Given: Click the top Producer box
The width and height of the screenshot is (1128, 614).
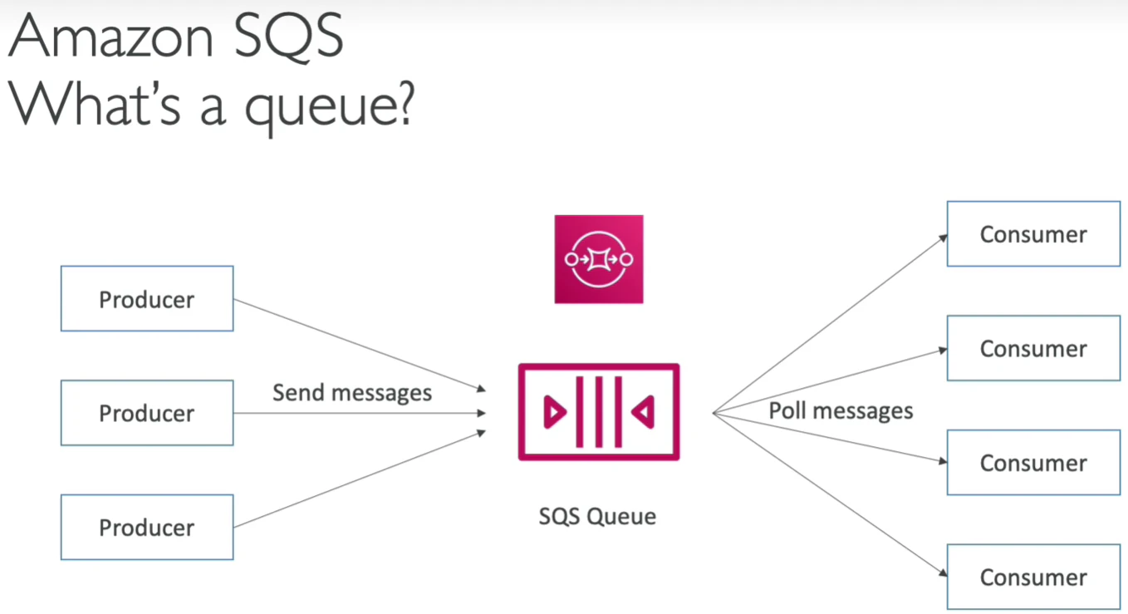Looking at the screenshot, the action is pos(147,298).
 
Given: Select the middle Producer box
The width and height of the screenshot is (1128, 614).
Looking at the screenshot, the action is pos(147,413).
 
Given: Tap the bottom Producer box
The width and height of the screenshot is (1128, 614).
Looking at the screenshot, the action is pos(147,528).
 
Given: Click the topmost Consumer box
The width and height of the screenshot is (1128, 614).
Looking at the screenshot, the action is pos(1033,234).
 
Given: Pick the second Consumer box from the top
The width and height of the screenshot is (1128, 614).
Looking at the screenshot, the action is pos(1033,349).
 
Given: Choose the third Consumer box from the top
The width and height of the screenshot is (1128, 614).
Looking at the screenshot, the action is pos(1033,463).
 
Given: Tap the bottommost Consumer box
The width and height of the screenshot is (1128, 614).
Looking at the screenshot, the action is pos(1033,577).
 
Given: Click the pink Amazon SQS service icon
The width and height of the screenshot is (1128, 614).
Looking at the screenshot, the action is pos(599,259).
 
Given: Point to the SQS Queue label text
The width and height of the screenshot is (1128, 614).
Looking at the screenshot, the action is pos(597,517).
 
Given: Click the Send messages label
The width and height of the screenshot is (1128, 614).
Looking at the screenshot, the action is pos(352,393).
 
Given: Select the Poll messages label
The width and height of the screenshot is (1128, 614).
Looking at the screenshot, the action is pos(841,411).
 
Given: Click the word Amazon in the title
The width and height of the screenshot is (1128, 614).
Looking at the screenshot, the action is pos(111,37).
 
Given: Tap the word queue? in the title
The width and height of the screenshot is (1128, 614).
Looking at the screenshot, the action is pos(330,107).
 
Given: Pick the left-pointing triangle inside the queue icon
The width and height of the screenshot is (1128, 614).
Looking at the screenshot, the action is pos(643,412).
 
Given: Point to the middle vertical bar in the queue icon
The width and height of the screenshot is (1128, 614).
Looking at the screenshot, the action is pos(599,411).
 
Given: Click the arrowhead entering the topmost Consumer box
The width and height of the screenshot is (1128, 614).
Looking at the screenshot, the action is pos(943,238).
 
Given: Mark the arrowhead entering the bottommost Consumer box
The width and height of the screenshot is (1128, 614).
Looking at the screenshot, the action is pos(943,572).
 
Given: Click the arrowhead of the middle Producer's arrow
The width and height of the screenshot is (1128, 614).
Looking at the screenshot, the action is pos(481,413).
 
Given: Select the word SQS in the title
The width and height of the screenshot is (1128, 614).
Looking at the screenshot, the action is pos(288,37).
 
